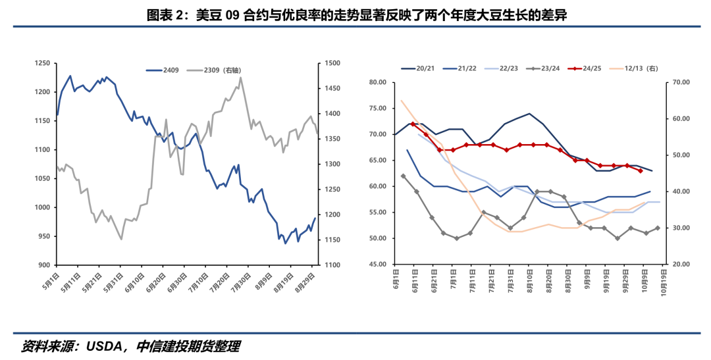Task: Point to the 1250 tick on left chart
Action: pos(43,63)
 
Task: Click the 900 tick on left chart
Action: pos(45,265)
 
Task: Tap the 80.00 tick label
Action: pos(378,82)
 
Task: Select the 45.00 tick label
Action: pos(378,265)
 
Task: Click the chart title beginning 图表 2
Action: pos(356,14)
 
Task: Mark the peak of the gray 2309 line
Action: pos(240,78)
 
